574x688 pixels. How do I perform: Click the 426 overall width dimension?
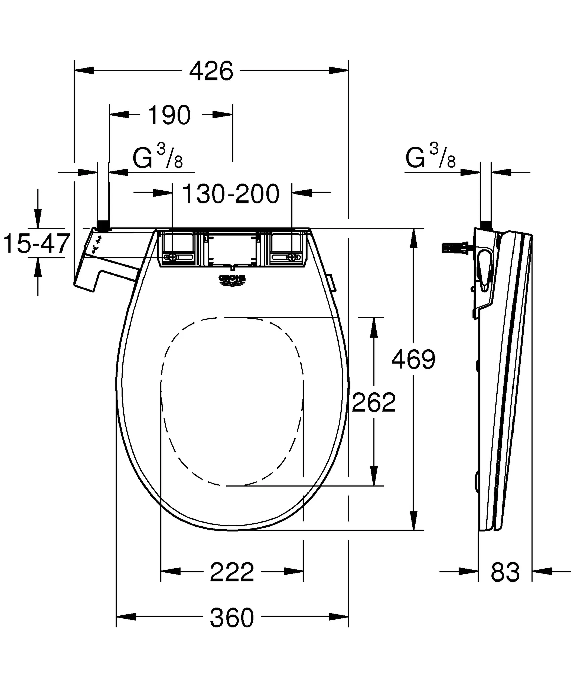(x=211, y=71)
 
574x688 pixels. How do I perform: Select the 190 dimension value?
(x=169, y=115)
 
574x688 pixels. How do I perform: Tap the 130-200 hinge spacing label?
(x=231, y=194)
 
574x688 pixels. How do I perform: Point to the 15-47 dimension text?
(x=36, y=244)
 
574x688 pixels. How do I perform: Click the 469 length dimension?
(x=413, y=359)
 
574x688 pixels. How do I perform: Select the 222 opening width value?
(x=232, y=572)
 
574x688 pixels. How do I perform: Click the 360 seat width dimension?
(x=232, y=617)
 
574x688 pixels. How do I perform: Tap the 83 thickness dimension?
(x=505, y=572)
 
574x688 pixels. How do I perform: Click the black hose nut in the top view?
(x=102, y=226)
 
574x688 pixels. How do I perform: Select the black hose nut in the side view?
(x=486, y=225)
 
